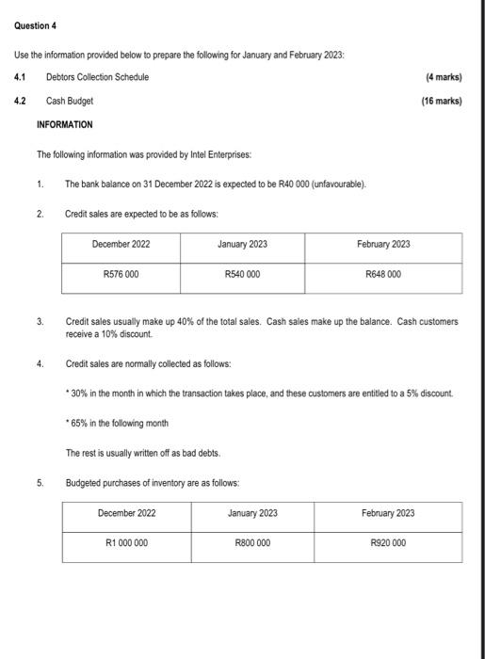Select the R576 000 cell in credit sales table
tap(121, 275)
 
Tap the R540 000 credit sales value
tap(242, 275)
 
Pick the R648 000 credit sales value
tap(383, 275)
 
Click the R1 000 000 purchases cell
tap(126, 543)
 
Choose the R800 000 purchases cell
tap(252, 543)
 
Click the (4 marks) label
tap(442, 76)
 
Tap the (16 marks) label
tap(440, 100)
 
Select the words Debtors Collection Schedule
tap(97, 76)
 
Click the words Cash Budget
tap(70, 100)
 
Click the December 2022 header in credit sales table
tap(121, 244)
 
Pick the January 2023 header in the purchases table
tap(252, 513)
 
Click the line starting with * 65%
tap(117, 424)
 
